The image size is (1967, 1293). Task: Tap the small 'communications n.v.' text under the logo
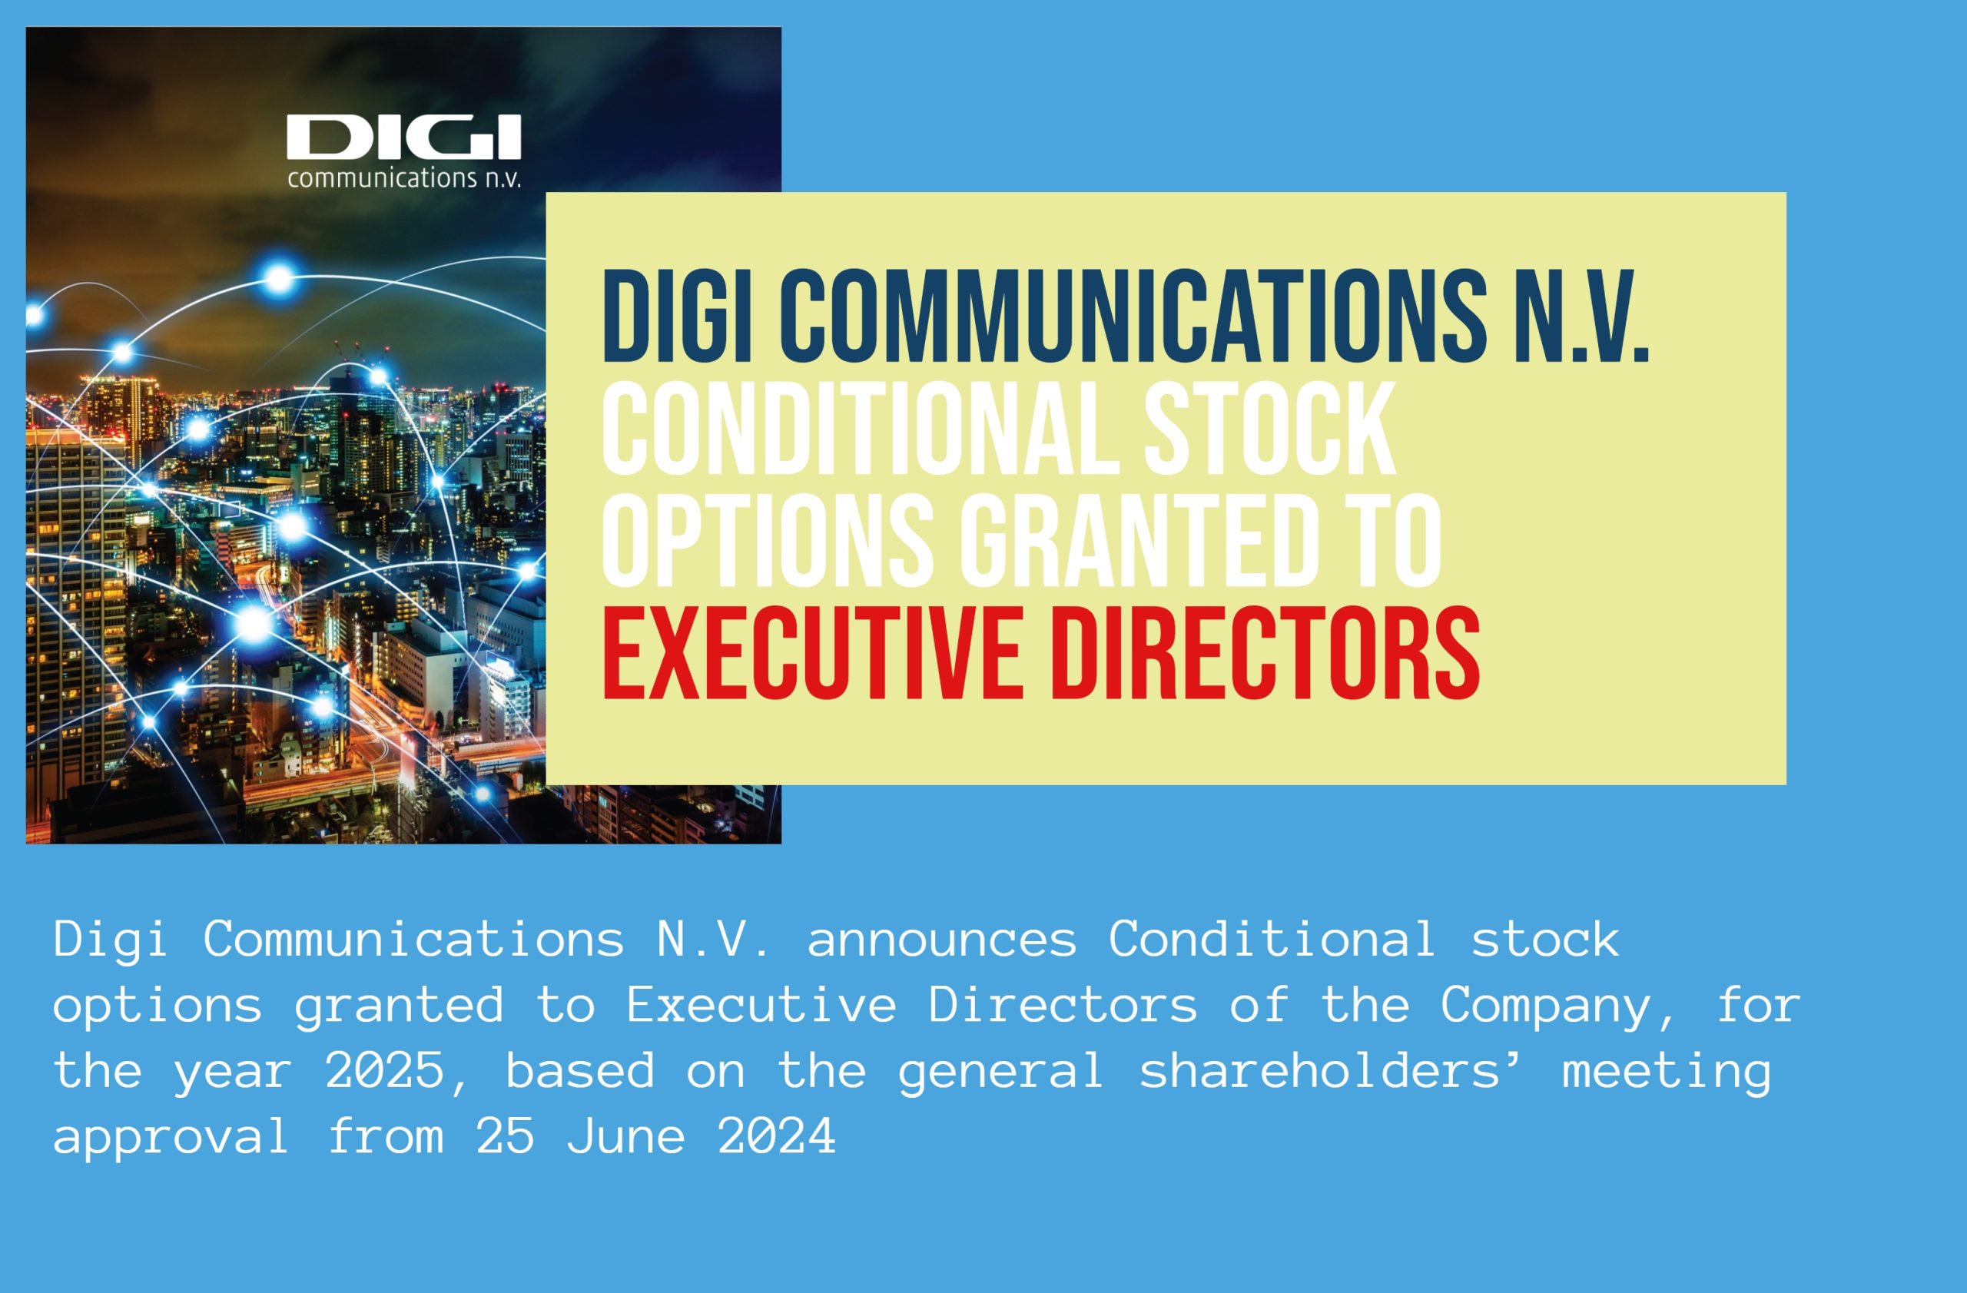tap(404, 177)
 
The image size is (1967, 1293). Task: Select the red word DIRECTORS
tap(1264, 653)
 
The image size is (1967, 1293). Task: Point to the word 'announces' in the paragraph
tap(942, 940)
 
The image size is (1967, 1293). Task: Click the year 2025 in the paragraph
tap(384, 1071)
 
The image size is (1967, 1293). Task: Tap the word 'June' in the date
tap(626, 1137)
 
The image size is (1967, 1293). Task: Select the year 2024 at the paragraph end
tap(777, 1137)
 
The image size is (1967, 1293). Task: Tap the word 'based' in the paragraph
tap(580, 1071)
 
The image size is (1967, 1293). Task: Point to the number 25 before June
tap(506, 1137)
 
